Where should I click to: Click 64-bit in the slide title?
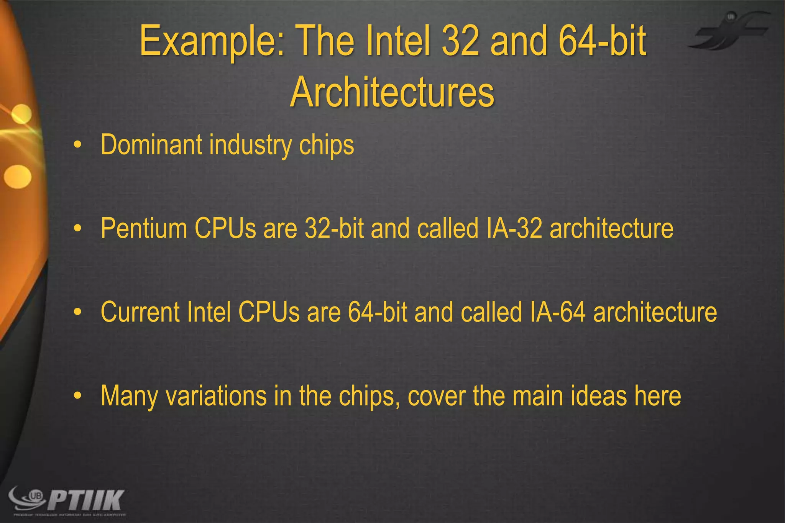(x=602, y=41)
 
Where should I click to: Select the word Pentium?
(x=144, y=228)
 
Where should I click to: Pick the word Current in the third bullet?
(x=140, y=312)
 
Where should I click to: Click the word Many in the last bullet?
(x=129, y=396)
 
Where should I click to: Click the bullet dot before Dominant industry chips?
(x=78, y=145)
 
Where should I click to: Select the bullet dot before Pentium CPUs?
(x=78, y=229)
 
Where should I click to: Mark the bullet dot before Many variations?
(x=78, y=396)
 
